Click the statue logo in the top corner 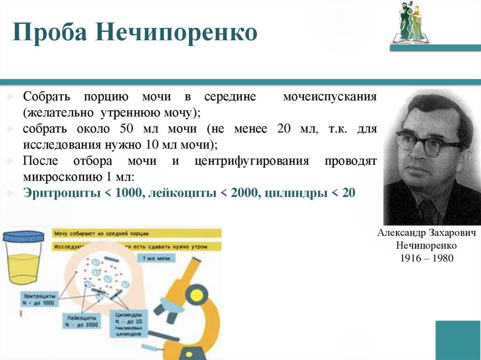pyautogui.click(x=410, y=22)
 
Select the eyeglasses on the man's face pyautogui.click(x=428, y=142)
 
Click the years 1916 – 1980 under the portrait pyautogui.click(x=427, y=258)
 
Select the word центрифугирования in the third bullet pyautogui.click(x=251, y=161)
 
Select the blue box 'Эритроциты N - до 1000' pyautogui.click(x=40, y=299)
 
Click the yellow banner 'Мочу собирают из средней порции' pyautogui.click(x=136, y=233)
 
